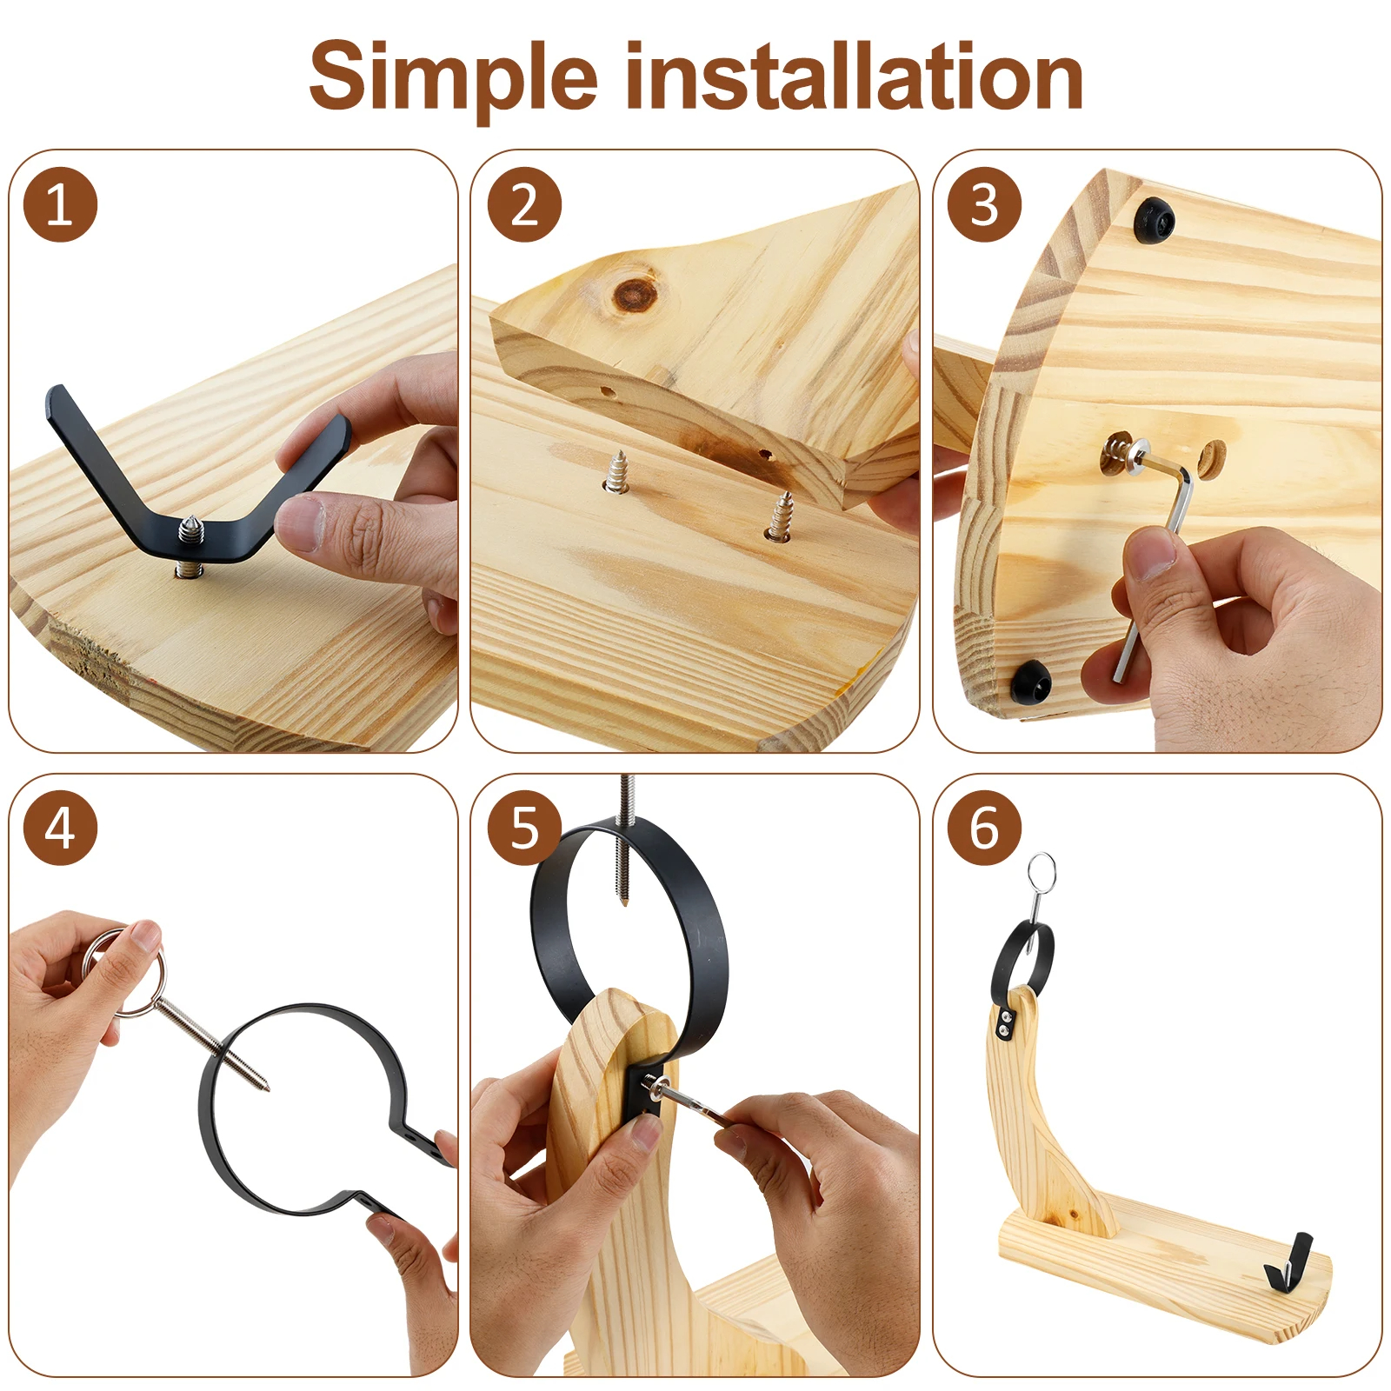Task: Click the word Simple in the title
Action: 453,78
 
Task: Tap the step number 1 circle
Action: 60,205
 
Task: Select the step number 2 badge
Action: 524,205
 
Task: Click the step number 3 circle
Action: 984,205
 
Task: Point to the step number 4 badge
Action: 60,828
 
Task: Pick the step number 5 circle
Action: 524,828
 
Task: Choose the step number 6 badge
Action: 984,828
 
